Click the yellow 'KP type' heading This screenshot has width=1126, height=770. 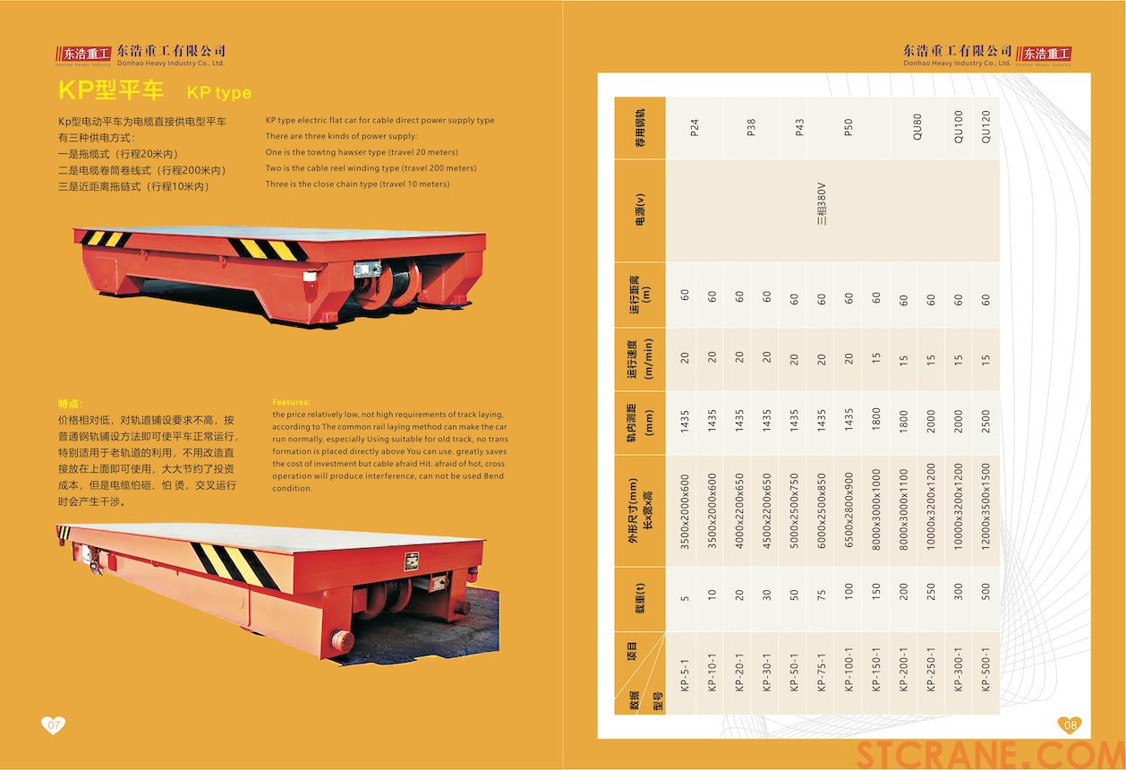click(218, 92)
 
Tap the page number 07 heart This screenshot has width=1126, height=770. click(53, 724)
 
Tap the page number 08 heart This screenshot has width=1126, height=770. click(1071, 724)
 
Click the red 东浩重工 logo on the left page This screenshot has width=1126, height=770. click(83, 54)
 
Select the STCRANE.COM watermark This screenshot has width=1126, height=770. click(990, 755)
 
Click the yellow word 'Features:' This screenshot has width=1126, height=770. click(291, 402)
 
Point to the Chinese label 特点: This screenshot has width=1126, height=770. click(71, 404)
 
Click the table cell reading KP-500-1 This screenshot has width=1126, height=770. click(985, 670)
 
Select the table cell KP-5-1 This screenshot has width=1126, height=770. click(684, 675)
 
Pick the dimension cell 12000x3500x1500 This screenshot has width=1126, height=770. click(985, 506)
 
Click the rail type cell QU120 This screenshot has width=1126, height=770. click(985, 126)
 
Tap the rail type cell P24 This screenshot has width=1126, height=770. click(695, 127)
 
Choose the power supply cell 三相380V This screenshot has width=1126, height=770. click(822, 203)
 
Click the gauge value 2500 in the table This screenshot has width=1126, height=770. click(985, 421)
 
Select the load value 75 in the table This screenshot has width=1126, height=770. click(821, 595)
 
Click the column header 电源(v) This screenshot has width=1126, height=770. click(640, 210)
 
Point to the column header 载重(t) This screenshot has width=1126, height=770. click(640, 598)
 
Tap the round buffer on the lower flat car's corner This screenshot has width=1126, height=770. click(342, 640)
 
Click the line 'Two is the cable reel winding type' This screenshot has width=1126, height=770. click(371, 168)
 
